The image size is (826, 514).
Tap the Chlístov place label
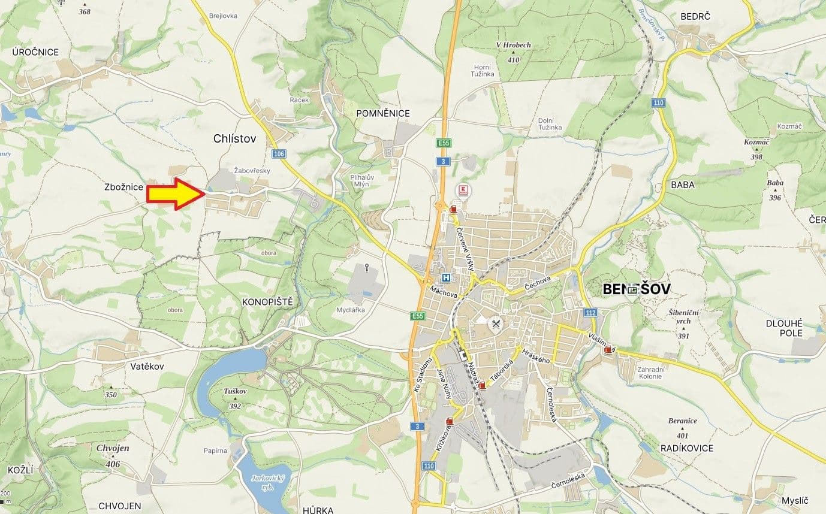click(234, 138)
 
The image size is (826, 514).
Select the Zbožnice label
click(123, 188)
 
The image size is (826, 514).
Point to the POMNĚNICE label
click(382, 113)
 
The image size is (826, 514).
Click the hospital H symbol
click(446, 277)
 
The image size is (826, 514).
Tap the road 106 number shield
click(278, 154)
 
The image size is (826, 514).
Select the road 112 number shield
click(591, 313)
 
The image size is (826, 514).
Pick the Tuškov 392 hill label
click(235, 398)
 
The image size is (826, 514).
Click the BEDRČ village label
click(695, 16)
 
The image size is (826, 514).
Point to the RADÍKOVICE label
click(686, 448)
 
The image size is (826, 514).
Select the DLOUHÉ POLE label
click(784, 328)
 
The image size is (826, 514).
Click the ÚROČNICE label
click(36, 52)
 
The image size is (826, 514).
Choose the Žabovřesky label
click(252, 171)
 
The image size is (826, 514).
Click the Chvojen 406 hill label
click(113, 455)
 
